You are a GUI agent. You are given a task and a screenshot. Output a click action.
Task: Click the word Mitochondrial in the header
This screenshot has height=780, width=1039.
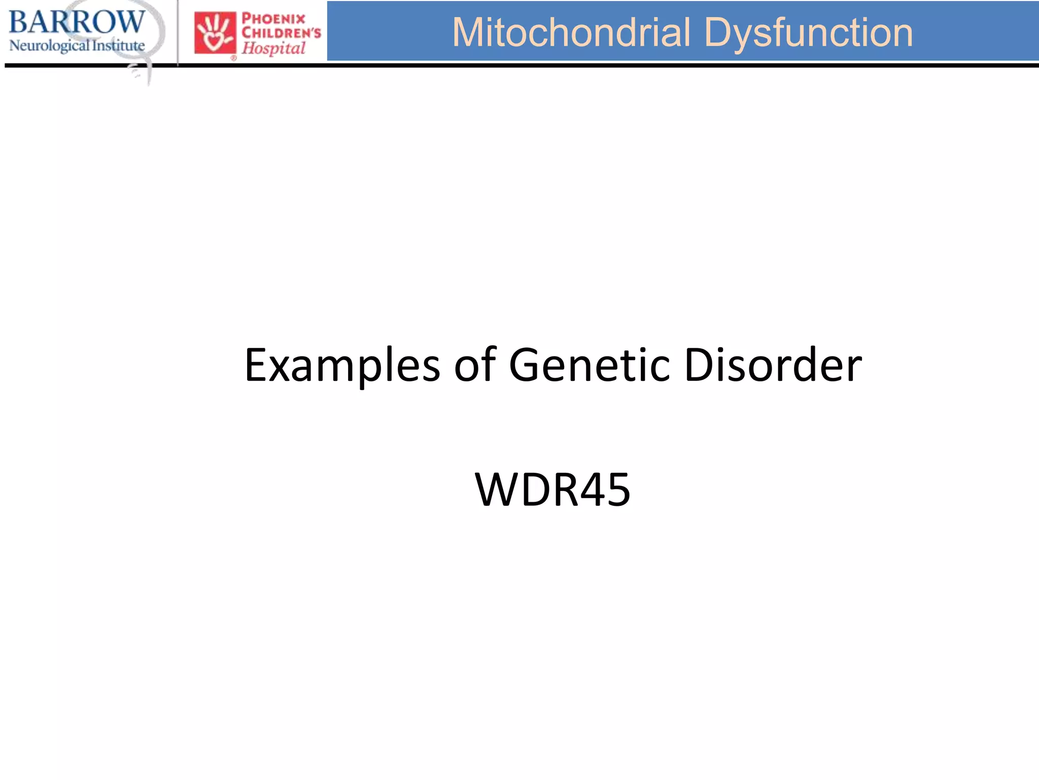[571, 32]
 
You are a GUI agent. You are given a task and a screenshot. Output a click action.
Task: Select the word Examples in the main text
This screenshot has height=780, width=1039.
[342, 366]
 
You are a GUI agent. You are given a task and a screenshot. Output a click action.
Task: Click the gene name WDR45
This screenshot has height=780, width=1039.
[552, 490]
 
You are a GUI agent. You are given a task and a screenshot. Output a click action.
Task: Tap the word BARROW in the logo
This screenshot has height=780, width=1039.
[77, 22]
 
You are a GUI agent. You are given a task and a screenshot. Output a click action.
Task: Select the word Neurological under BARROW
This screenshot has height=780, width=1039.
[49, 46]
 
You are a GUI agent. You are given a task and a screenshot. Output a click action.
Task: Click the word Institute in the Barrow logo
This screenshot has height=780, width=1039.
[118, 45]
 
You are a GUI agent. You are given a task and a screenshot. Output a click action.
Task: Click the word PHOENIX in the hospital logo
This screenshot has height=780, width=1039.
[273, 19]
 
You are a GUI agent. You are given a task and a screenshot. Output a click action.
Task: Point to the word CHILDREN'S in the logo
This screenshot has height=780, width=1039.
[281, 33]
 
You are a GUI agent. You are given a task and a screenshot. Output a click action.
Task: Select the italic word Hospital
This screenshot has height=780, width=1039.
[273, 48]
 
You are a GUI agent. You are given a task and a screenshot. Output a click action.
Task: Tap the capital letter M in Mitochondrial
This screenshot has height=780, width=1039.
[468, 32]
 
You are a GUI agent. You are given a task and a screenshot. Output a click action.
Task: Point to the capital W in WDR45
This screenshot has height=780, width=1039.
[498, 490]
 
